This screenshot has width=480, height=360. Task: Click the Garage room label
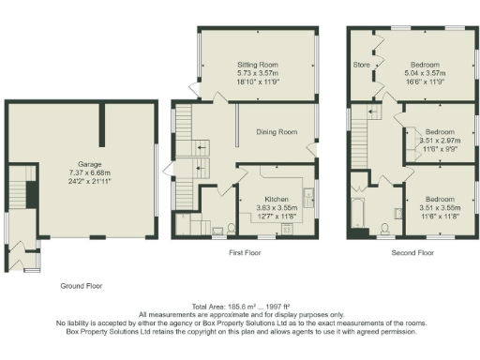coord(82,163)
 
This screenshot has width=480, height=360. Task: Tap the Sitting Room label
coord(257,63)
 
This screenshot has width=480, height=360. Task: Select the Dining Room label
coord(277,132)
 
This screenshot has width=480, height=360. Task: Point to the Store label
coord(361,65)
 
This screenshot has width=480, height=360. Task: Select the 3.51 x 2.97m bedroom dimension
coord(439,140)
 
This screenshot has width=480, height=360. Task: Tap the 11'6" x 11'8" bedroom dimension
coord(439,217)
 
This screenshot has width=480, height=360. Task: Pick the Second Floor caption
coord(412,252)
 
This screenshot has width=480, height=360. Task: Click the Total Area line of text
coord(240,307)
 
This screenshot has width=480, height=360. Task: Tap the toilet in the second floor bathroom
coord(386,226)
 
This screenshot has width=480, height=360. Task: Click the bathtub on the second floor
coord(357,213)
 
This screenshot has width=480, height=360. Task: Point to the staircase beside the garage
coord(19,192)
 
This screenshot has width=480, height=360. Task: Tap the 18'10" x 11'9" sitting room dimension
coord(257,82)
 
